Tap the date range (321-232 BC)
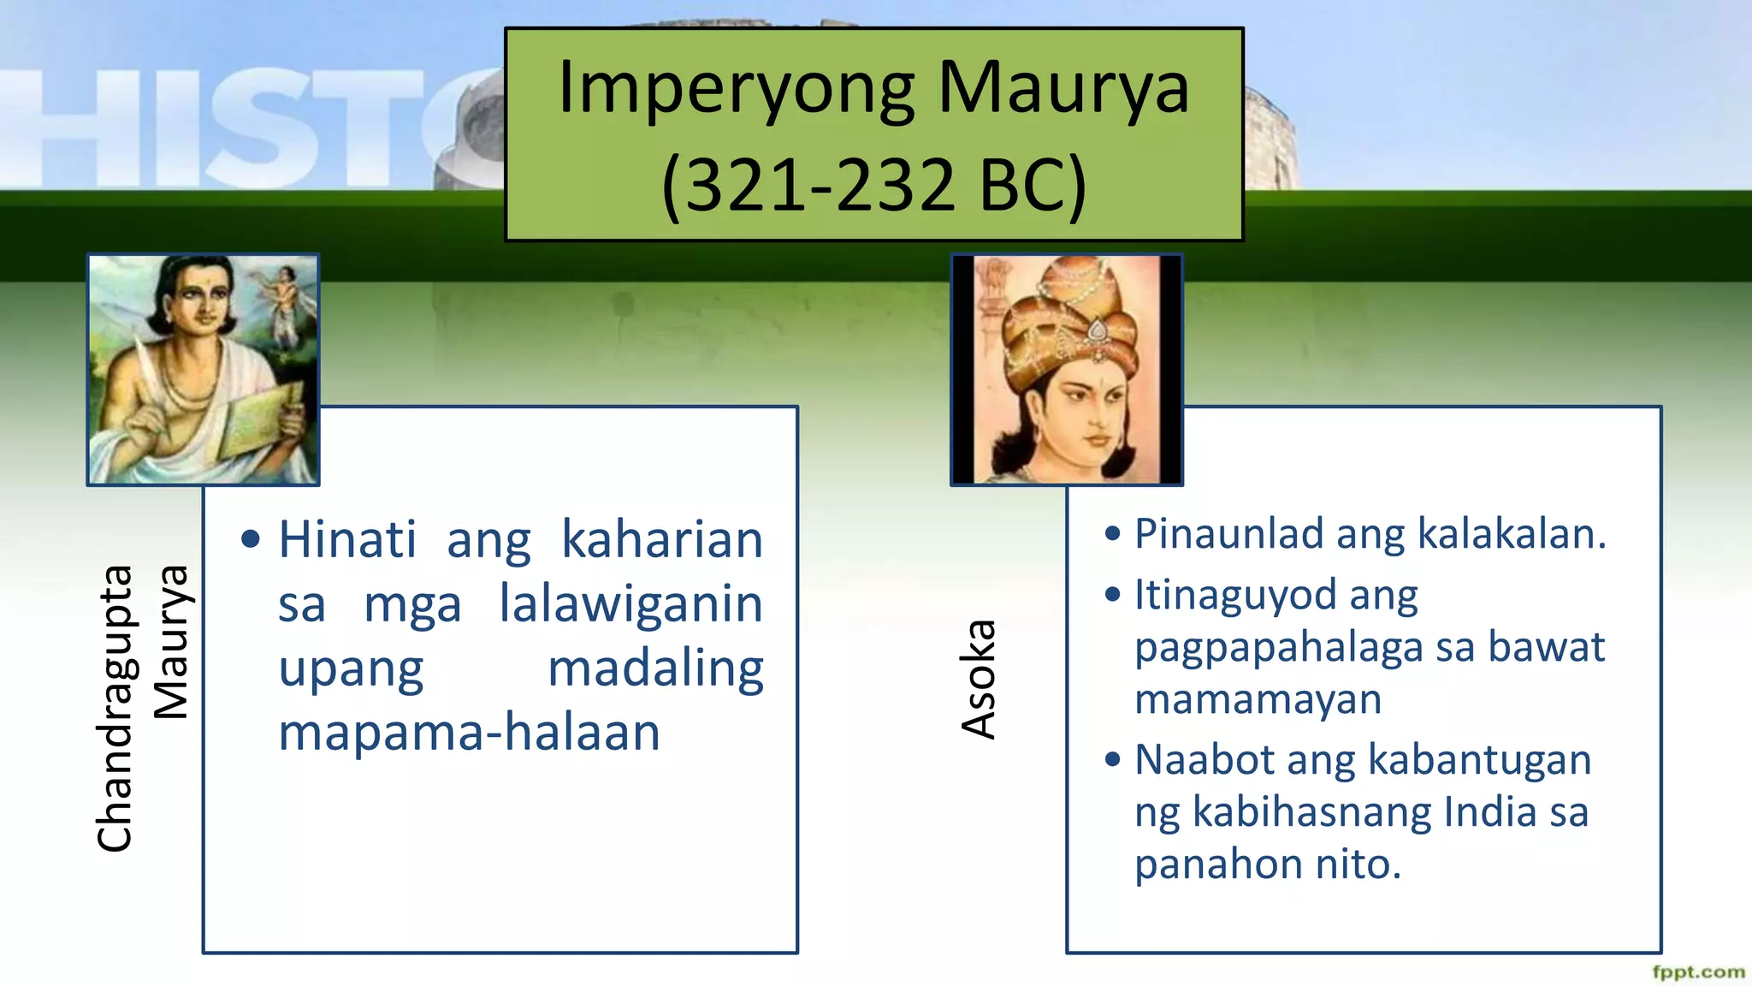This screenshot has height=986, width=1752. (x=873, y=186)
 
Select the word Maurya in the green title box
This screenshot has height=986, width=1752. (x=1063, y=87)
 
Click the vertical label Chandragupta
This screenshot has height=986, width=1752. (x=115, y=709)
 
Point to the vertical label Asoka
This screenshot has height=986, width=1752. (x=979, y=680)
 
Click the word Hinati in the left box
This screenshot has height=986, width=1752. (x=347, y=540)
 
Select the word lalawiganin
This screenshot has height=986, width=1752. (x=630, y=604)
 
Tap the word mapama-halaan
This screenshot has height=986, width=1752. (x=469, y=734)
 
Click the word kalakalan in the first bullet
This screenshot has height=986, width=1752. (x=1512, y=534)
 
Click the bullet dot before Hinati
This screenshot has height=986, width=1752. (x=251, y=539)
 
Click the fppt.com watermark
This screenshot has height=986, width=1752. (x=1698, y=971)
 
